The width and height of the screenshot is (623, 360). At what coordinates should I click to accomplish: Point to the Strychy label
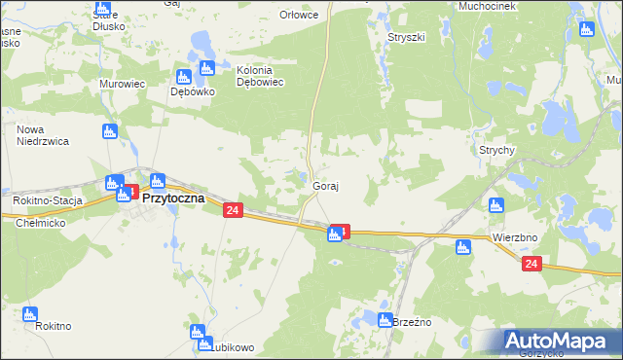click(x=496, y=151)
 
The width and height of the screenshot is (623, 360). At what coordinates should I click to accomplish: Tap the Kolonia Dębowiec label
click(x=260, y=77)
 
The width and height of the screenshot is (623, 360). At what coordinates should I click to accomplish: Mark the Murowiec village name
click(x=122, y=84)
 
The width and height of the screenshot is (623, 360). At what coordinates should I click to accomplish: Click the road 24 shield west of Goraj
click(x=232, y=210)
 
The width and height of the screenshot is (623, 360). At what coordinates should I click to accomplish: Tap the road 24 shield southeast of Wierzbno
click(x=531, y=264)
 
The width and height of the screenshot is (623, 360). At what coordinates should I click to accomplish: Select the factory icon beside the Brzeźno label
click(x=385, y=321)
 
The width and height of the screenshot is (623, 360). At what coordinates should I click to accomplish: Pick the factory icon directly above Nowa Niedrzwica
click(x=111, y=130)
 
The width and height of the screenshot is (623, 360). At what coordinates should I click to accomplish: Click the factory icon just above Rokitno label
click(x=29, y=314)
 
